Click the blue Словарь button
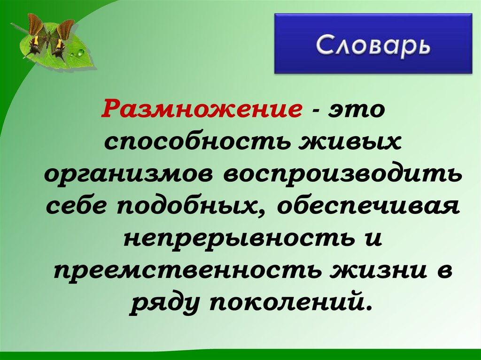pos(373,44)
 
